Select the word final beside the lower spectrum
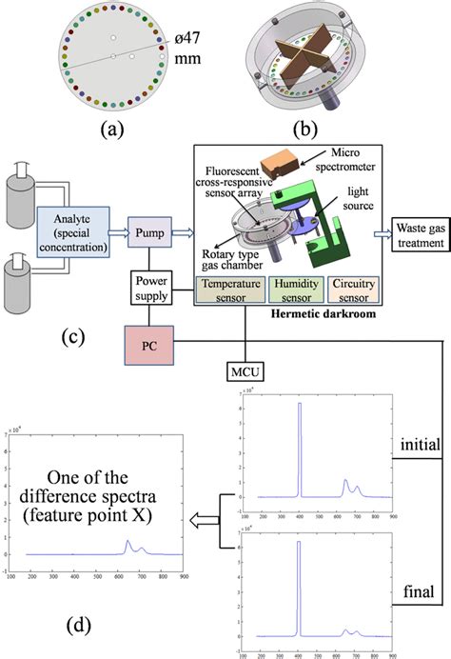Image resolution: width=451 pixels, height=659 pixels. pos(418,592)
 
